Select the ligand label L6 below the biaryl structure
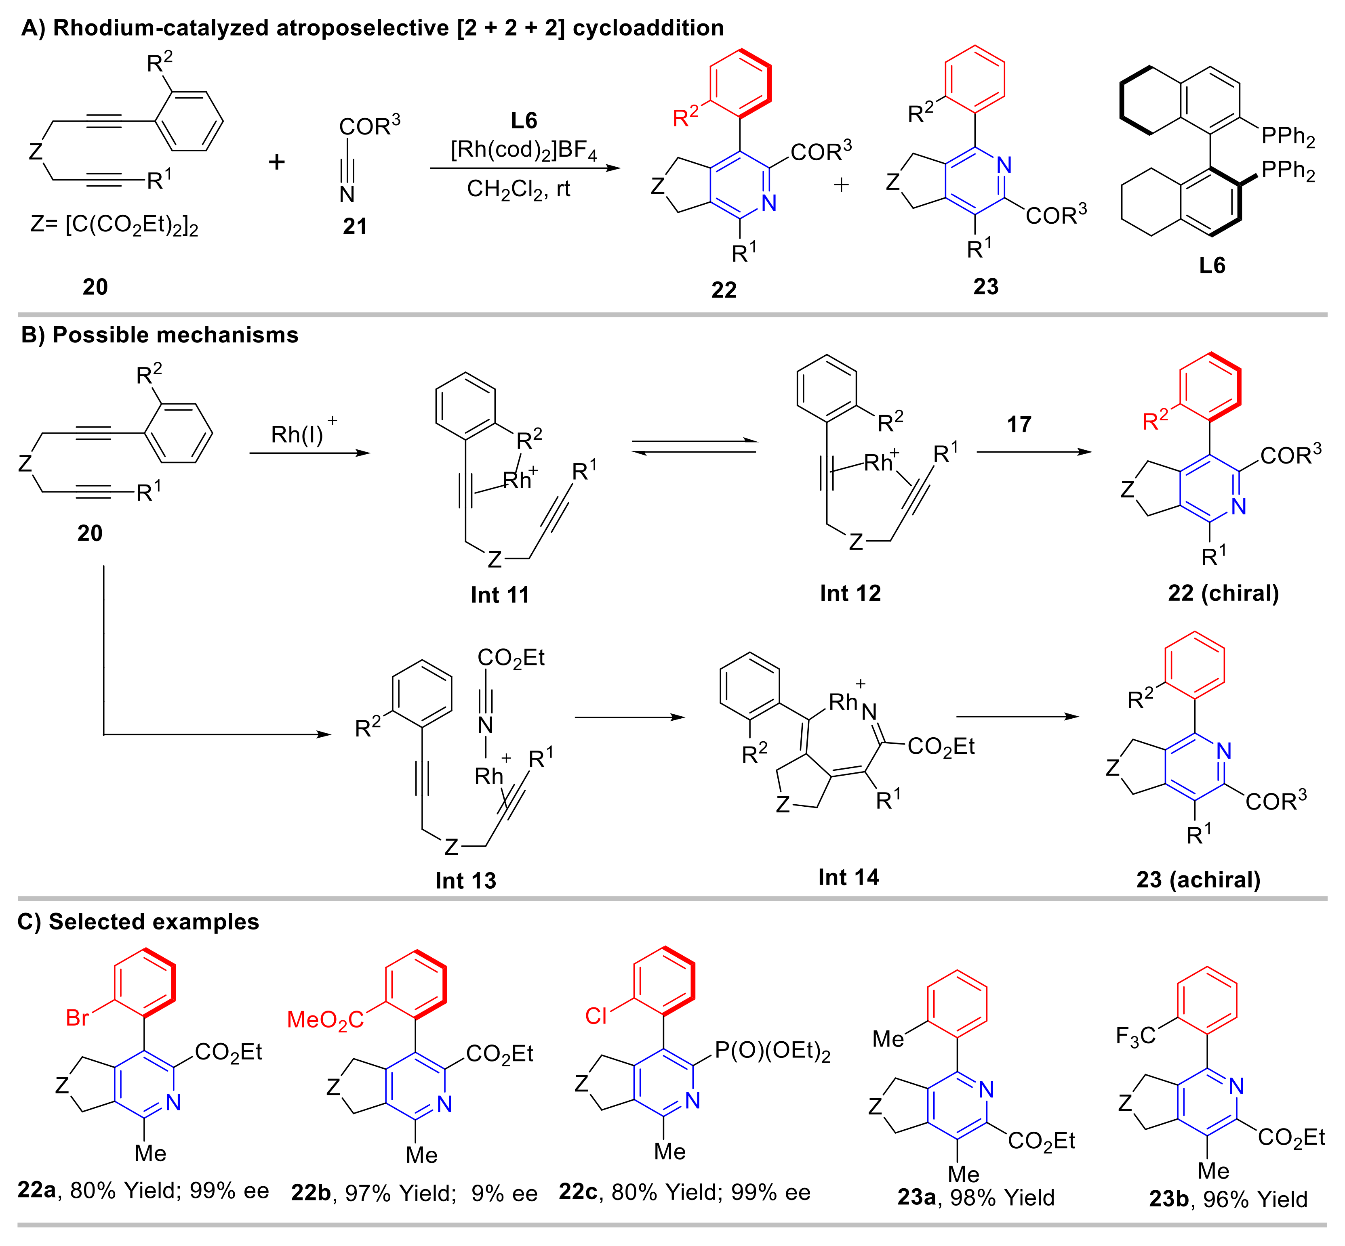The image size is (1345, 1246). (x=1211, y=266)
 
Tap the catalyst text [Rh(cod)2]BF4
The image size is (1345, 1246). (x=524, y=150)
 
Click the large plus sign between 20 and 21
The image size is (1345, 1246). (x=276, y=162)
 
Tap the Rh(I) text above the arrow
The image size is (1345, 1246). (x=297, y=434)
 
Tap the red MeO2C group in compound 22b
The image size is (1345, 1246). (x=325, y=1019)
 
